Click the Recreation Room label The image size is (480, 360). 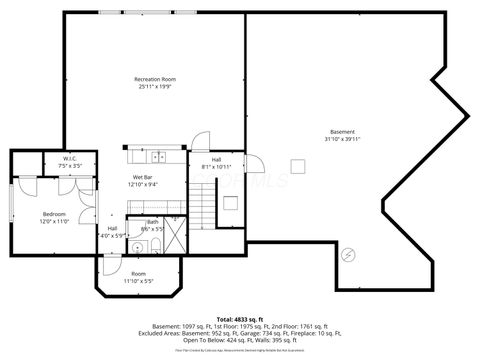tap(155, 79)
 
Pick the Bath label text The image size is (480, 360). tap(152, 223)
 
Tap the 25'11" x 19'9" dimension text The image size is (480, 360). tap(155, 87)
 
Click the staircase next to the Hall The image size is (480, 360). tap(204, 209)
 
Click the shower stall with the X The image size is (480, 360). tap(174, 238)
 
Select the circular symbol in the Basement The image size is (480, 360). tap(347, 255)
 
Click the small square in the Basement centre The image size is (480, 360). tap(296, 166)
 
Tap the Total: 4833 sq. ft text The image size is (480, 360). tap(240, 318)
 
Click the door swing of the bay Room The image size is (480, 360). tap(110, 265)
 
